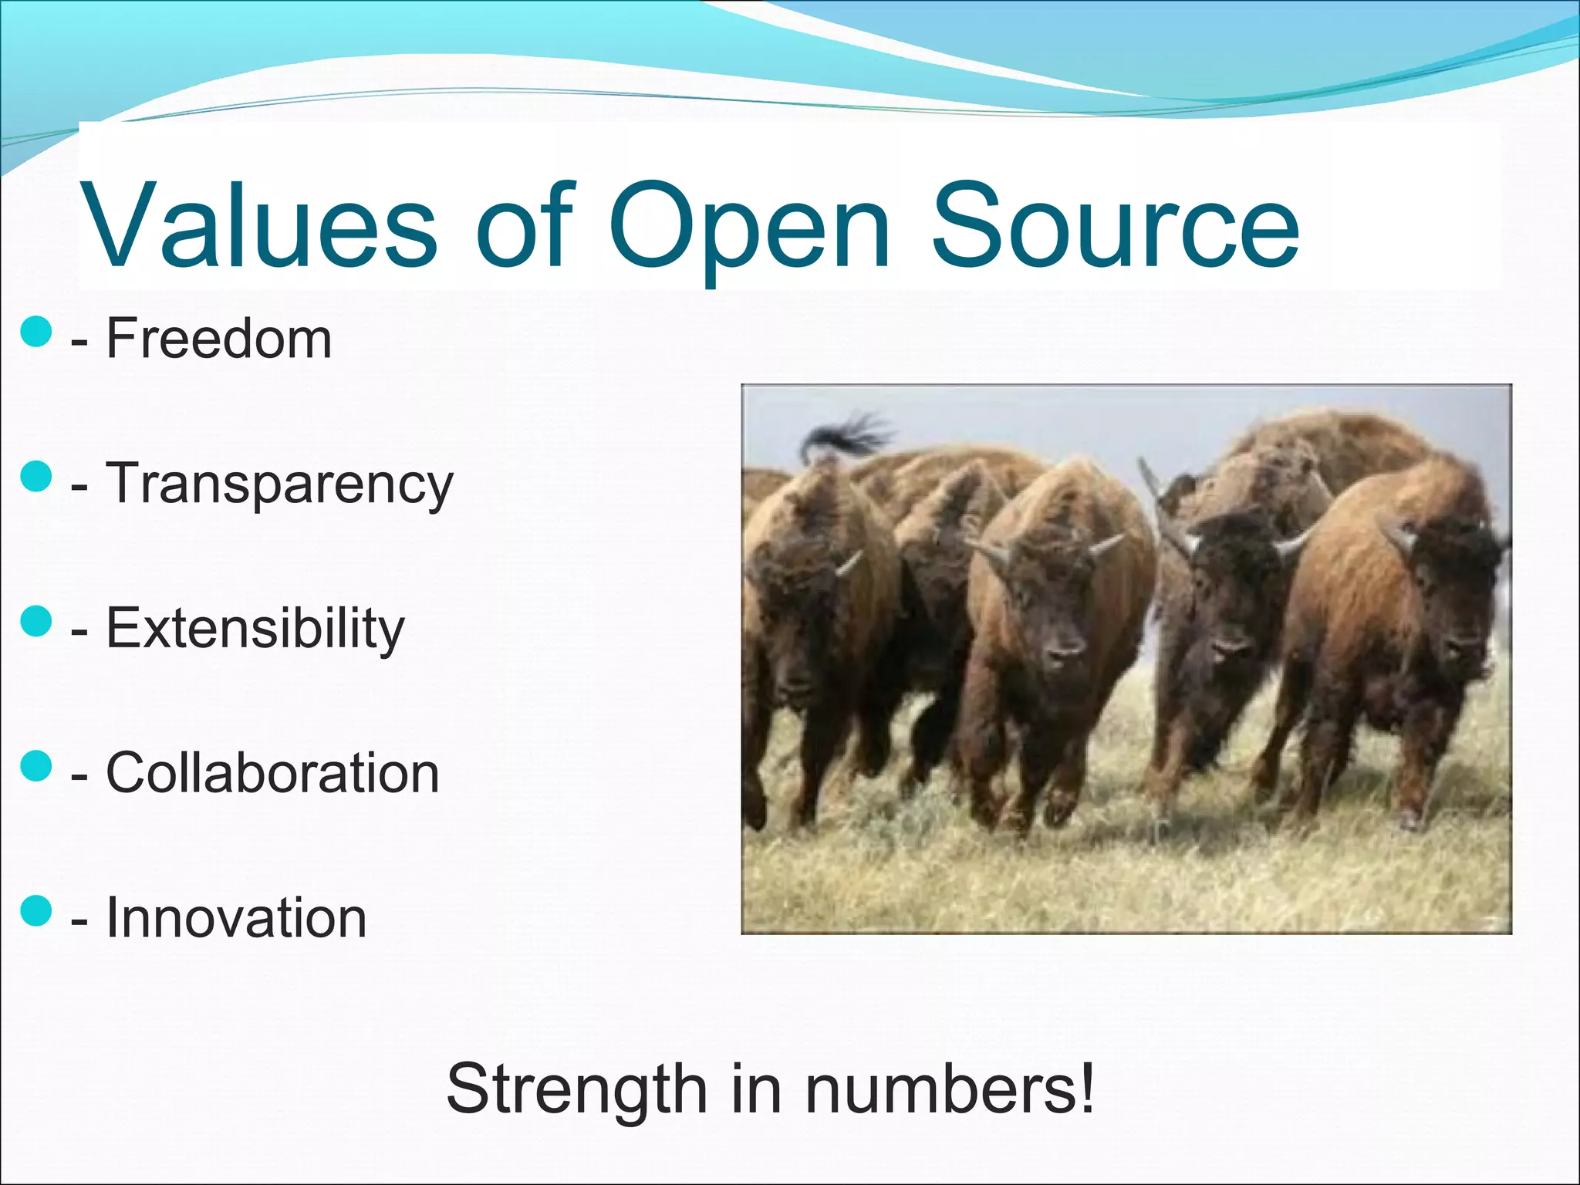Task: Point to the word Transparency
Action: [x=279, y=484]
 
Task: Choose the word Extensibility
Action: [x=255, y=628]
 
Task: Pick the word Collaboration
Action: [x=272, y=772]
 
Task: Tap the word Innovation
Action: [x=235, y=917]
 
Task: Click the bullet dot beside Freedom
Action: [x=36, y=332]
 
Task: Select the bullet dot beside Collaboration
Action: [x=36, y=766]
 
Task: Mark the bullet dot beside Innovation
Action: [x=36, y=910]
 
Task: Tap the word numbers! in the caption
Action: [x=949, y=1089]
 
